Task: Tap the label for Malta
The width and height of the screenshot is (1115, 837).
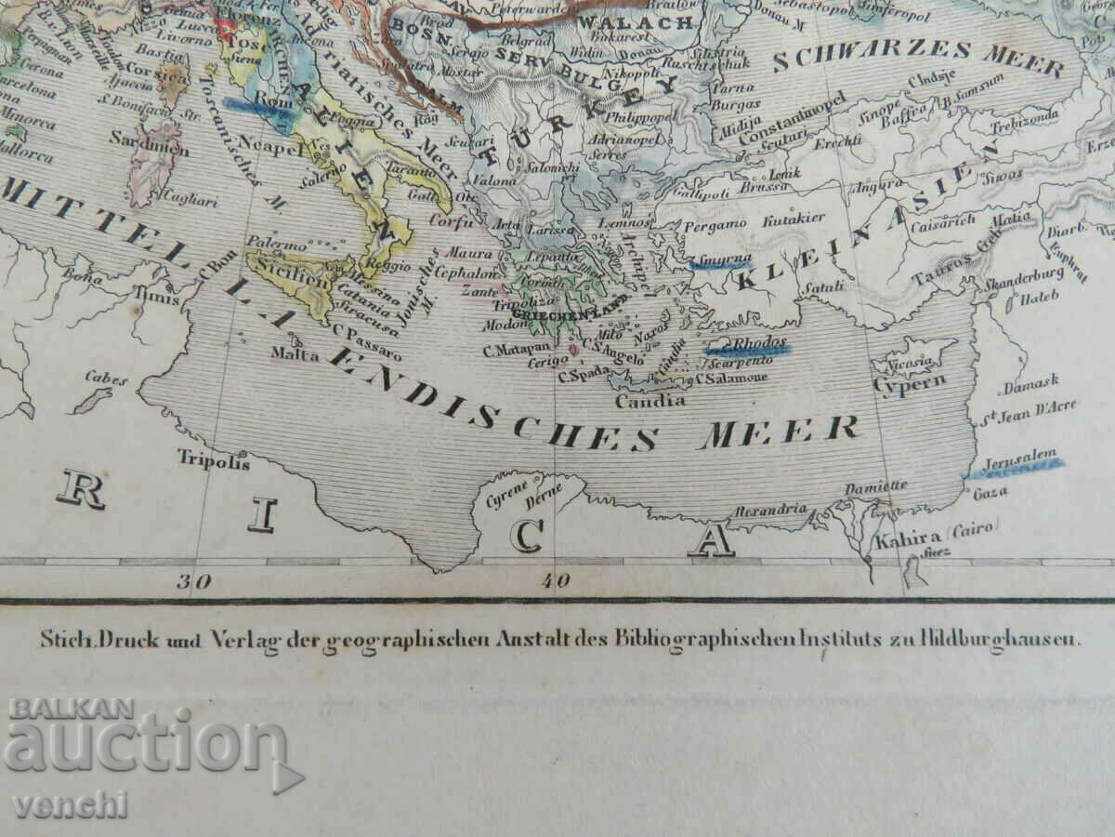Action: pos(289,353)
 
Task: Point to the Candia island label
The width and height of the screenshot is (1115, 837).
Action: pos(650,401)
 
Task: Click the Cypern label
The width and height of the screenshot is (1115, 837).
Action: pos(896,381)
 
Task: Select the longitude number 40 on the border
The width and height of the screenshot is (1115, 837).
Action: pos(556,582)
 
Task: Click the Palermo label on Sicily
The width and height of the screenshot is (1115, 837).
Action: pos(276,245)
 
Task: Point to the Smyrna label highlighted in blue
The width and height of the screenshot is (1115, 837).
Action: pos(719,263)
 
